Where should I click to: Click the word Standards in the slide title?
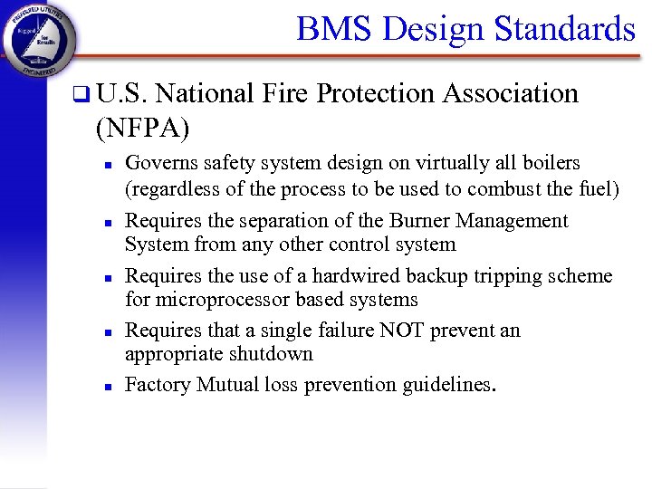565,29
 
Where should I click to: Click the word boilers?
551,163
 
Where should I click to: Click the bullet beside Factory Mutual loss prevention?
107,386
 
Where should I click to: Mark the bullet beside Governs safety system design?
107,164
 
